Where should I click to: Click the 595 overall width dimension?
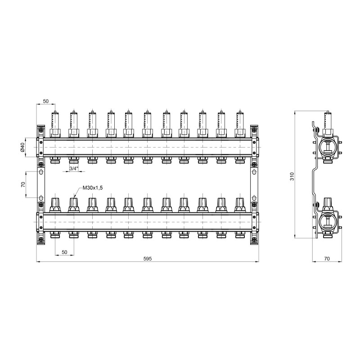point(148,258)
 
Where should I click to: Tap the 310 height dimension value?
point(292,176)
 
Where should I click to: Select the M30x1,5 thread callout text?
point(93,188)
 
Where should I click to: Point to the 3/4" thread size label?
point(74,168)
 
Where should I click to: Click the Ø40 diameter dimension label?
point(22,147)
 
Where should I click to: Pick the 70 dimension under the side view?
point(327,258)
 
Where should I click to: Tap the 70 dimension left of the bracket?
point(23,184)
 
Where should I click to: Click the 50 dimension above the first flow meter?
point(46,101)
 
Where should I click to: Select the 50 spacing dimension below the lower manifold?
point(64,252)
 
